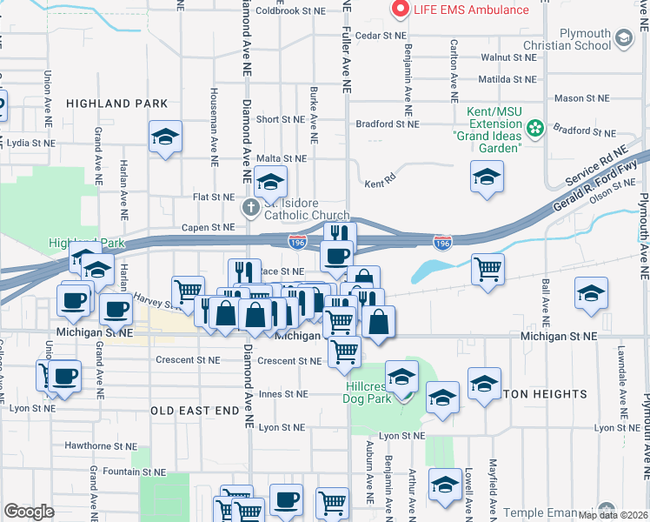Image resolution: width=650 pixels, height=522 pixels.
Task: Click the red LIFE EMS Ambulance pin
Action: (x=401, y=10)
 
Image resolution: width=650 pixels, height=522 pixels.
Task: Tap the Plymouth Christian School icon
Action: (x=623, y=37)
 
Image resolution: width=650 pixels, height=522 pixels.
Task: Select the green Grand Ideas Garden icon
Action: (x=535, y=129)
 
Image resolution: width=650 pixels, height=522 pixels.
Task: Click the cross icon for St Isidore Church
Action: (x=250, y=207)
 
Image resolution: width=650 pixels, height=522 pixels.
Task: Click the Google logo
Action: (x=29, y=511)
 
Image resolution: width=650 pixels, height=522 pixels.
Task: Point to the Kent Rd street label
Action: (x=380, y=184)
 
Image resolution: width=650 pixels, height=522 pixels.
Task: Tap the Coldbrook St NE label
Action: (x=289, y=11)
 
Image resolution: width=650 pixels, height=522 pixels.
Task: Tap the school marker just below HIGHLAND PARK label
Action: (x=165, y=137)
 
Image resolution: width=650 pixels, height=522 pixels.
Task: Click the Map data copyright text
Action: (x=612, y=515)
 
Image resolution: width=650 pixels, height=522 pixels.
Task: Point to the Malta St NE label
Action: (x=282, y=158)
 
